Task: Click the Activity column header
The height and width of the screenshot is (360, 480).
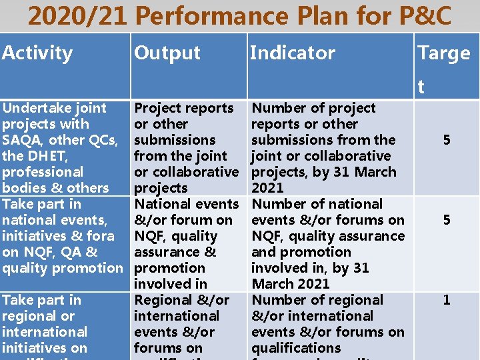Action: tap(37, 53)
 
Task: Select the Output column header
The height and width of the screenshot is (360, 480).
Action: tap(167, 53)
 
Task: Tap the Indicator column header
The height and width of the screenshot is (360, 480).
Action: tap(292, 53)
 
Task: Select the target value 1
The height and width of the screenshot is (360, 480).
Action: tap(447, 300)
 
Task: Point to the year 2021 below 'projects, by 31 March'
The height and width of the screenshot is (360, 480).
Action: tap(267, 188)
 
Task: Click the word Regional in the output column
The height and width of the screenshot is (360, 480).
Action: tap(163, 300)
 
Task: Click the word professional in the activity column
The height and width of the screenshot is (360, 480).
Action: tap(43, 172)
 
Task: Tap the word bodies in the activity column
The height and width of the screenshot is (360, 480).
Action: tap(22, 188)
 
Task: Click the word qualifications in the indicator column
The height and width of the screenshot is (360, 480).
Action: tap(295, 348)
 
